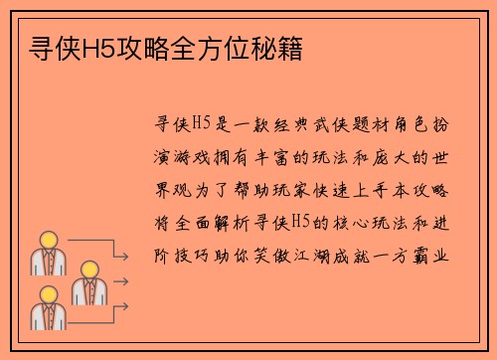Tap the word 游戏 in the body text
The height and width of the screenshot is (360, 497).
199,157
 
